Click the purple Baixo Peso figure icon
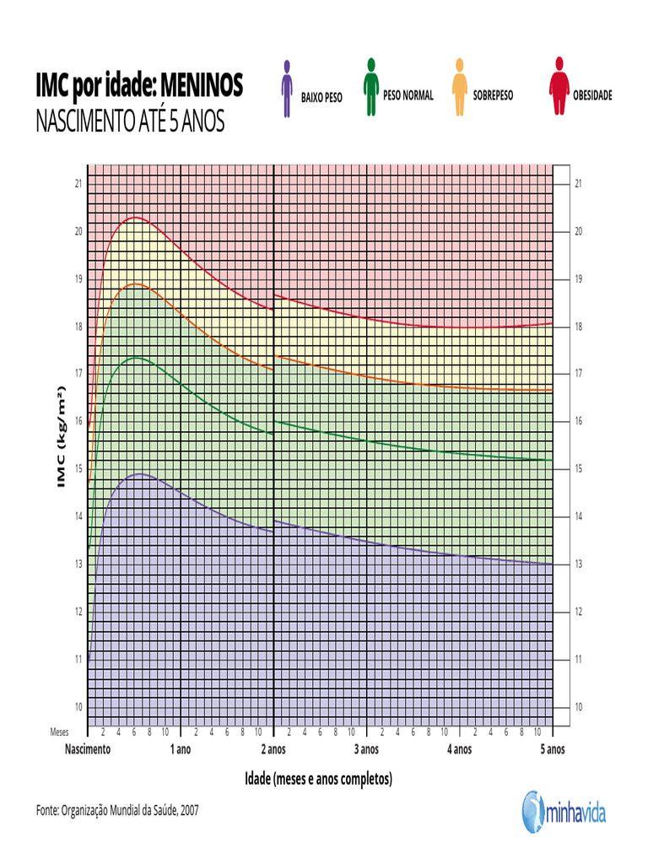click(287, 88)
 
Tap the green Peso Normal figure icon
click(370, 86)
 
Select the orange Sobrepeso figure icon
click(459, 87)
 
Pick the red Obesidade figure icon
click(559, 86)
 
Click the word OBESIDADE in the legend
click(592, 95)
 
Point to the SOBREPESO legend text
click(493, 95)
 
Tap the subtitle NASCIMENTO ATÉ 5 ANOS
click(130, 122)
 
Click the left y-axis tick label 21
click(78, 183)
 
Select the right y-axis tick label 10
click(578, 706)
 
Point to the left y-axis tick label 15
click(78, 468)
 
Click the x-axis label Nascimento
click(88, 749)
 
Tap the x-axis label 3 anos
click(365, 749)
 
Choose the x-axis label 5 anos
click(552, 749)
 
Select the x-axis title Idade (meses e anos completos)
click(318, 778)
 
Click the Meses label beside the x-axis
click(59, 732)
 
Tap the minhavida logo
click(564, 813)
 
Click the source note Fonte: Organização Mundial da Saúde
click(117, 810)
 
